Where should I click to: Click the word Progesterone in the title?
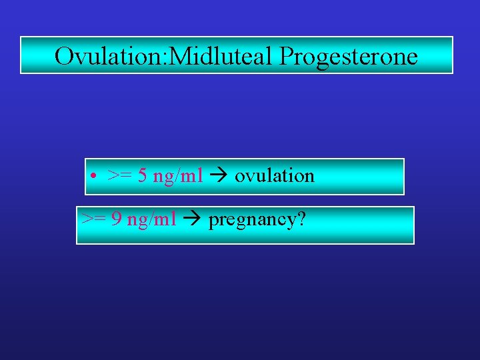[x=349, y=57]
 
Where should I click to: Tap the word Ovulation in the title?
[x=110, y=56]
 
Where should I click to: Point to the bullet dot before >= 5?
[x=96, y=177]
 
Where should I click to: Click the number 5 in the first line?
[x=143, y=176]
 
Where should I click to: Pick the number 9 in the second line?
[x=115, y=219]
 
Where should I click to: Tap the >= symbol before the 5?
[x=119, y=176]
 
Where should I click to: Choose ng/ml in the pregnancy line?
[x=151, y=220]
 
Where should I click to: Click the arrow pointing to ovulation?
[x=218, y=176]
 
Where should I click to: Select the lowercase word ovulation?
[x=274, y=176]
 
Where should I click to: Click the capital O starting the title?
[x=65, y=56]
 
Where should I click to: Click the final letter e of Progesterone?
[x=413, y=59]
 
